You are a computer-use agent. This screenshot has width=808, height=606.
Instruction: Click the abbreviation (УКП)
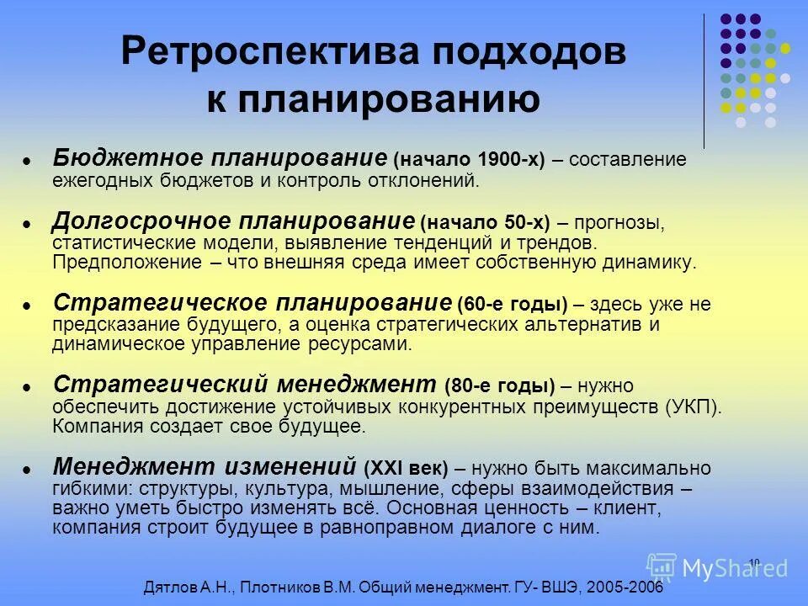[x=693, y=407]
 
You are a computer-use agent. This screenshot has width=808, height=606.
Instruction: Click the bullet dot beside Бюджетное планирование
[x=27, y=160]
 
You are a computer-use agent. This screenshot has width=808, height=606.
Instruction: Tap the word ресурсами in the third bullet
[x=370, y=343]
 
